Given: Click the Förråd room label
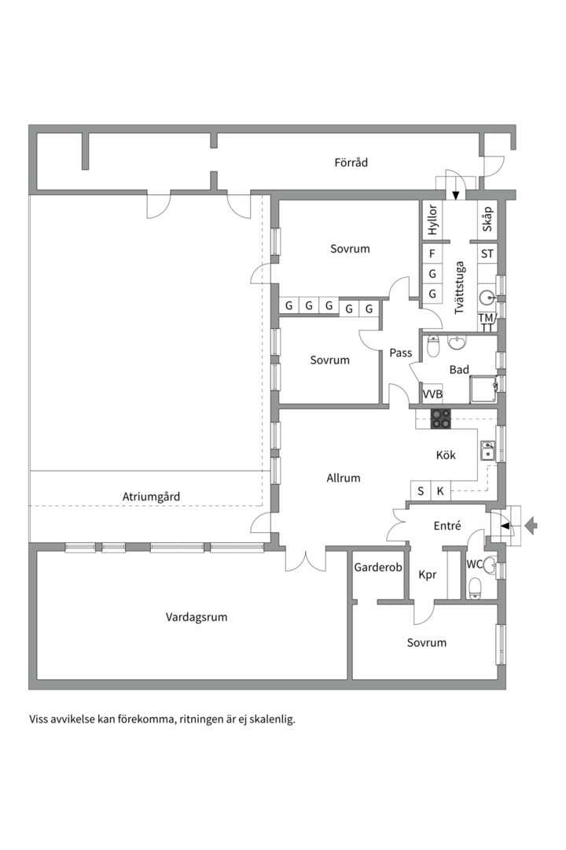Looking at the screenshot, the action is pyautogui.click(x=351, y=162).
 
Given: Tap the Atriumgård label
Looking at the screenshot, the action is pyautogui.click(x=151, y=497).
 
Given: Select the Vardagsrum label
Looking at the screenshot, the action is pyautogui.click(x=197, y=617).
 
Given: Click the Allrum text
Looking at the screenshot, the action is pyautogui.click(x=344, y=478).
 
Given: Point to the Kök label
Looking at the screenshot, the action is pyautogui.click(x=446, y=455).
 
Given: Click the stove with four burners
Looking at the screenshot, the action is pyautogui.click(x=441, y=419).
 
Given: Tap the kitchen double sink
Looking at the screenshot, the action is pyautogui.click(x=487, y=450).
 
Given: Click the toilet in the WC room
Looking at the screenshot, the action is pyautogui.click(x=475, y=589).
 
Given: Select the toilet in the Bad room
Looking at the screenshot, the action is pyautogui.click(x=433, y=346).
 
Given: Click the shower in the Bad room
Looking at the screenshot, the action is pyautogui.click(x=483, y=390).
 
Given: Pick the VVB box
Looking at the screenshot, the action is pyautogui.click(x=432, y=394).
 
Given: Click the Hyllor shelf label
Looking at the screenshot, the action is pyautogui.click(x=432, y=220).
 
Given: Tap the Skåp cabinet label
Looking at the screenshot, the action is pyautogui.click(x=487, y=219).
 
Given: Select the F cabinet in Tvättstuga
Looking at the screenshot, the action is pyautogui.click(x=432, y=253).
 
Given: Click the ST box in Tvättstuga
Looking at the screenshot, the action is pyautogui.click(x=487, y=253).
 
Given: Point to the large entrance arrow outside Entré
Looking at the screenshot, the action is pyautogui.click(x=531, y=525).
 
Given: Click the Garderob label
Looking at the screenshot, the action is pyautogui.click(x=378, y=567).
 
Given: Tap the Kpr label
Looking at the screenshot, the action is pyautogui.click(x=428, y=575).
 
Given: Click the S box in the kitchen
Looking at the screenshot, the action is pyautogui.click(x=421, y=491).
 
